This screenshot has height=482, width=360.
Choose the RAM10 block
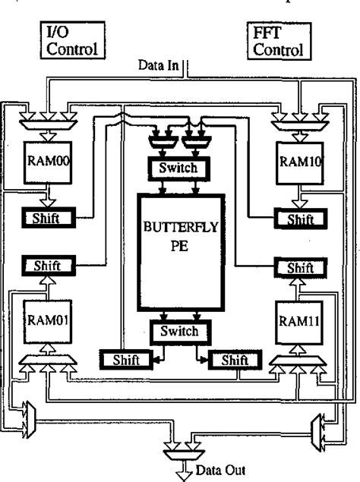coord(296,162)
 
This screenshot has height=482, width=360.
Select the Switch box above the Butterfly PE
coord(180,167)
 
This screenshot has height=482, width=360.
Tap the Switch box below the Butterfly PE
coord(180,331)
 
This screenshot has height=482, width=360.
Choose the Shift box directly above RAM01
coord(51,266)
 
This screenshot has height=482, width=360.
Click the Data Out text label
coord(207,469)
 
